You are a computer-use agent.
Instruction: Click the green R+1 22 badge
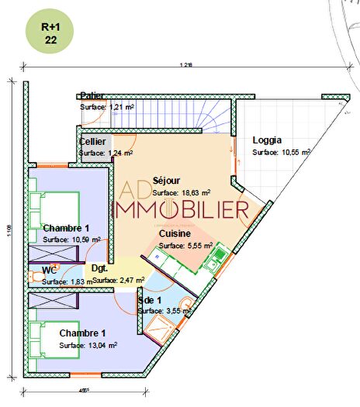coord(50,33)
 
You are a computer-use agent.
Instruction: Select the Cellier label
coord(92,142)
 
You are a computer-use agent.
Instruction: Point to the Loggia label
coord(267,141)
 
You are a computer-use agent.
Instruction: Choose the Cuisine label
coord(176,233)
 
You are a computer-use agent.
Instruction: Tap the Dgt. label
coord(99,268)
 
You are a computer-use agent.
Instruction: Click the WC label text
coord(49,270)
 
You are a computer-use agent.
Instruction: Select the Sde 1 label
coord(149,299)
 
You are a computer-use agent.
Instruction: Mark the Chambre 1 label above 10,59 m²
coord(66,228)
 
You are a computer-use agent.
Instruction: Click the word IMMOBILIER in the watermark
coord(182,209)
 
